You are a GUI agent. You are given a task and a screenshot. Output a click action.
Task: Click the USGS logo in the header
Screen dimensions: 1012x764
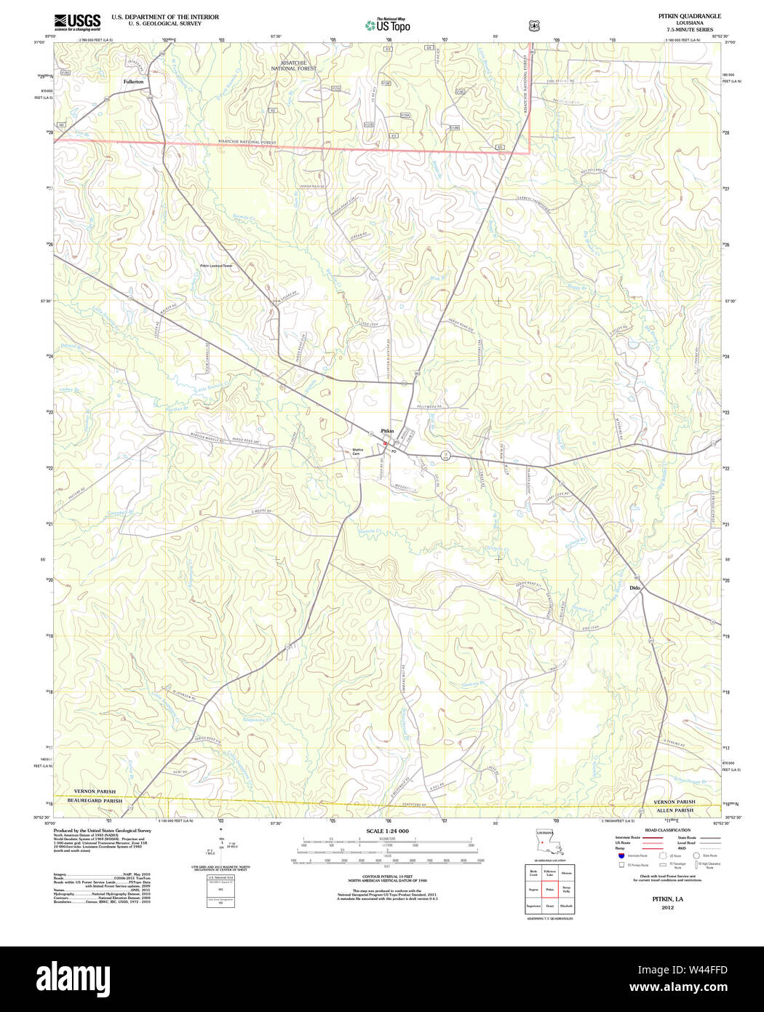tap(77, 21)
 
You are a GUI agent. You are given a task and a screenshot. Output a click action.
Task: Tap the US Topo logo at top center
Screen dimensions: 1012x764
tap(388, 25)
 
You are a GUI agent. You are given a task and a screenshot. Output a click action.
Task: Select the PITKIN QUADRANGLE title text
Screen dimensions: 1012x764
tap(689, 16)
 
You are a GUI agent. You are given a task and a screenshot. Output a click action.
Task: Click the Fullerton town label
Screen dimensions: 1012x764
tap(133, 82)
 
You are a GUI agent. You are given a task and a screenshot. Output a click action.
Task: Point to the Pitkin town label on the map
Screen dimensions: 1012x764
tap(387, 431)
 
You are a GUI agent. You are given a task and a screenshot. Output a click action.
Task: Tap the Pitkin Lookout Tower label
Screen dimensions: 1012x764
tap(216, 266)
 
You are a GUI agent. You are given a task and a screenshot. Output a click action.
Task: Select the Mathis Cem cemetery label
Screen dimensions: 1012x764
tap(357, 451)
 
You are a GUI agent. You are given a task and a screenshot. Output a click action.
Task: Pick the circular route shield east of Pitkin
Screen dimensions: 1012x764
tap(447, 455)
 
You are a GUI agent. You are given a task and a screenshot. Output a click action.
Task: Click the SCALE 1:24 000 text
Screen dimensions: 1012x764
tap(387, 831)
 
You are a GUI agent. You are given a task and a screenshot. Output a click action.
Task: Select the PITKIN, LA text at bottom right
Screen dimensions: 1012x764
tap(667, 899)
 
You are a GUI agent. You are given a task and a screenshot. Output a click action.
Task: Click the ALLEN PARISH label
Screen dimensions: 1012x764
tap(675, 810)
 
